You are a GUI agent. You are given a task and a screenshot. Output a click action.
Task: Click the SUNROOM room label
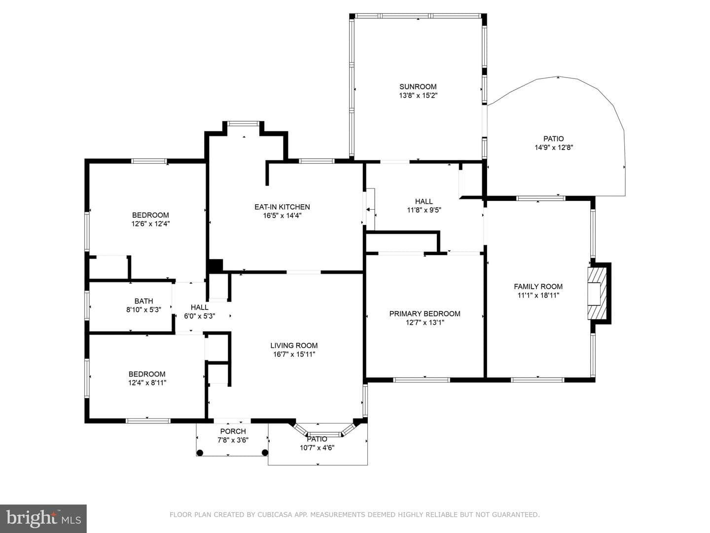coord(418,87)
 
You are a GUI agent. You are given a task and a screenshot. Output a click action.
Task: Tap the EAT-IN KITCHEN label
coord(282,207)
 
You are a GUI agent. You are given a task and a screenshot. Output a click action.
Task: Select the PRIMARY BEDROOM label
coord(425,313)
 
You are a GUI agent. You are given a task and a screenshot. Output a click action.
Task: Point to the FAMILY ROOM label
coord(538,286)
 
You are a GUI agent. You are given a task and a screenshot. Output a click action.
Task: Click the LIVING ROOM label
coord(294,345)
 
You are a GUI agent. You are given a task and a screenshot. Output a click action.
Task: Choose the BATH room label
coord(143,301)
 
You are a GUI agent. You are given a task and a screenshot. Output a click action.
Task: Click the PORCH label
coord(233,431)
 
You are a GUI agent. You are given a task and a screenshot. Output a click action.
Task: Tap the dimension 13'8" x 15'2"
coord(418,95)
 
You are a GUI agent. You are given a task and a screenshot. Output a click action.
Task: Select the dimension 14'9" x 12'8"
coord(554,148)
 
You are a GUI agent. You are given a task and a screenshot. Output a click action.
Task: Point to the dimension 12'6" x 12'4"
coord(150,224)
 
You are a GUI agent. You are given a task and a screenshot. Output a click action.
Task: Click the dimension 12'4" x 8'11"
coord(147,383)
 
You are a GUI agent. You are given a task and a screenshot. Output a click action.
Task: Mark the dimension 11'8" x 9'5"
coord(424,210)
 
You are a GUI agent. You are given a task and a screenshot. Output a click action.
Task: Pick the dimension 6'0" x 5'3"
coord(200,316)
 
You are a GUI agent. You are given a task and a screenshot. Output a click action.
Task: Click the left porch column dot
coord(200,453)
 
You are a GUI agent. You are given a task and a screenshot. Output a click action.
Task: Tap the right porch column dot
coord(265,453)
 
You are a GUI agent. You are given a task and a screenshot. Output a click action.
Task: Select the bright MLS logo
coord(43,519)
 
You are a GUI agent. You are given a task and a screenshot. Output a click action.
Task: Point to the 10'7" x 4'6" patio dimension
coord(317,448)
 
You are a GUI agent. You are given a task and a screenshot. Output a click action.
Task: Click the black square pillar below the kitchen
coord(215,266)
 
